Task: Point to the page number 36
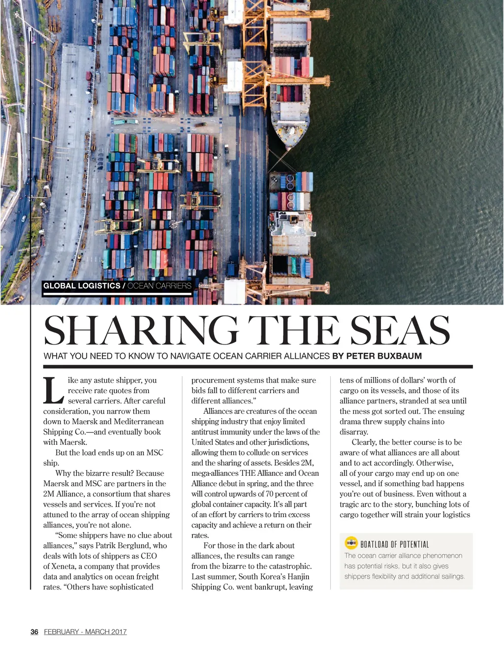tap(34, 632)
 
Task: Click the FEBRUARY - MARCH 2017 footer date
tap(85, 632)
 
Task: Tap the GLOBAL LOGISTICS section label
tap(82, 285)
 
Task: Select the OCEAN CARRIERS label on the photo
tap(159, 285)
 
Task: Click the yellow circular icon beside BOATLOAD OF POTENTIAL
tap(351, 543)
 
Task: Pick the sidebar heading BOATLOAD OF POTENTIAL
tap(395, 544)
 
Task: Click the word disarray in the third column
tap(353, 432)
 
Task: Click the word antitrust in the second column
tap(208, 432)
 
